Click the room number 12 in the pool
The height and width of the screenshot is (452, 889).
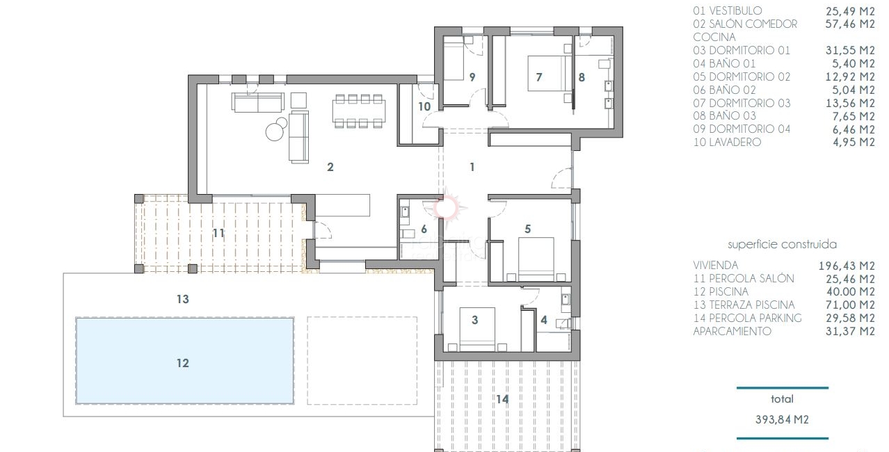(182, 363)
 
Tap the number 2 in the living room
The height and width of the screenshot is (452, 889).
(330, 167)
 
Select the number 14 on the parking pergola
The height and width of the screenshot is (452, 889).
(502, 399)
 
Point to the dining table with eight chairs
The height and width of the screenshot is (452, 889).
(360, 111)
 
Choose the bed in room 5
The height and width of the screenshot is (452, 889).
(536, 259)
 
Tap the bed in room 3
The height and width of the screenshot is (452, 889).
(476, 328)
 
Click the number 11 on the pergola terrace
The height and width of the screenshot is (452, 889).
(218, 233)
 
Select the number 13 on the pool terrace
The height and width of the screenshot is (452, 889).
(182, 299)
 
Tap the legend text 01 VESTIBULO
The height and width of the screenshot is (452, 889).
(727, 11)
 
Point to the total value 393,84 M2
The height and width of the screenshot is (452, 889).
(782, 419)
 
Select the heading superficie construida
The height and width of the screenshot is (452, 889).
(782, 245)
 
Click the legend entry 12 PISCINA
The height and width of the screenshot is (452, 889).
(721, 291)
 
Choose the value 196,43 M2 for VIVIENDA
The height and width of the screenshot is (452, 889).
(847, 265)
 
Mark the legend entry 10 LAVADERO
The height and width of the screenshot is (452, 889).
(727, 143)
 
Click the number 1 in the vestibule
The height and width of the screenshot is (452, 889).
(472, 167)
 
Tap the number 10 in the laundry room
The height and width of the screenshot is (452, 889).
(424, 106)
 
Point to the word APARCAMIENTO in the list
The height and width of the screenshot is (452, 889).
(732, 331)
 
